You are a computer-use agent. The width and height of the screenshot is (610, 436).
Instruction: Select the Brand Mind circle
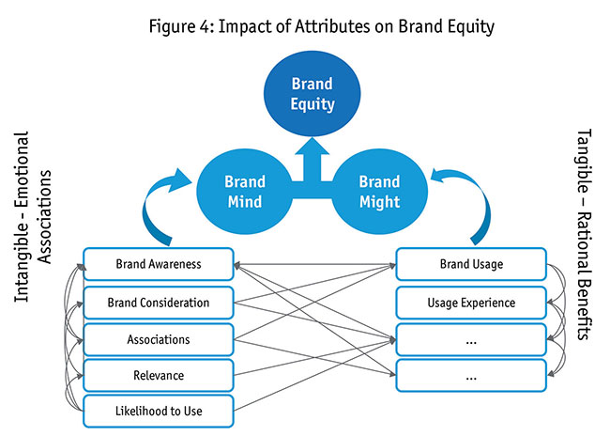[x=245, y=191]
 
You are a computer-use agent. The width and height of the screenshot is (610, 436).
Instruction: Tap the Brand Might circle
[x=380, y=191]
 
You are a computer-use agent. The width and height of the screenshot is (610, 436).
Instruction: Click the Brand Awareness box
[x=158, y=265]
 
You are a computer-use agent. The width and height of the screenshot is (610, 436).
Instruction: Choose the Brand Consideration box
[x=158, y=303]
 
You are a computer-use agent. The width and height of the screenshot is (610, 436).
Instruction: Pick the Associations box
[x=158, y=339]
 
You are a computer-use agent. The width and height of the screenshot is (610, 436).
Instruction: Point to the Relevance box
[x=158, y=376]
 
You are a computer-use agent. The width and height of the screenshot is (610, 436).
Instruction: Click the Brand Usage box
[x=471, y=265]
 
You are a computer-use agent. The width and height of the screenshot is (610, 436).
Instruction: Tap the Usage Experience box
[x=471, y=303]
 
